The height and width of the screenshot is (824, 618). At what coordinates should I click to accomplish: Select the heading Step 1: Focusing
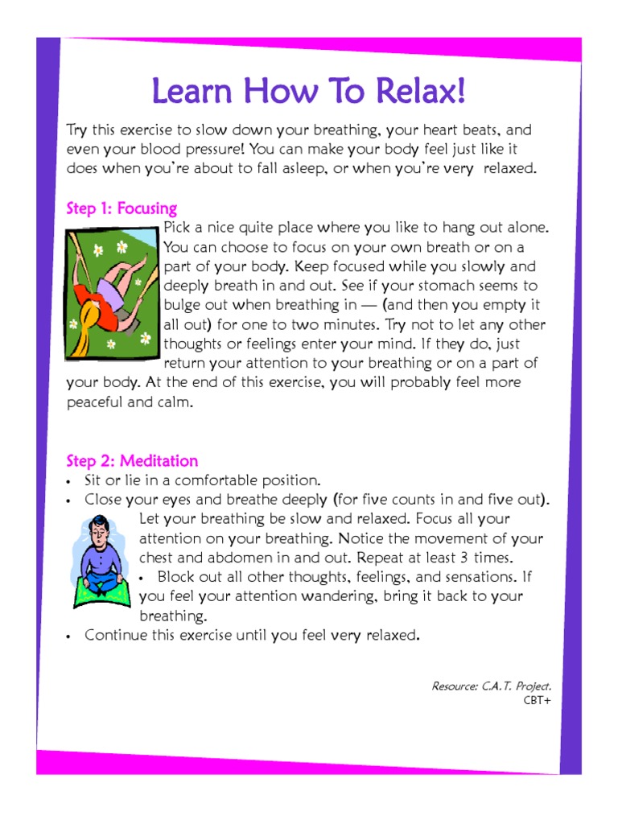click(122, 209)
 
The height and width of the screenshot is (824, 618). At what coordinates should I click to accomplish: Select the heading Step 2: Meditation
click(132, 461)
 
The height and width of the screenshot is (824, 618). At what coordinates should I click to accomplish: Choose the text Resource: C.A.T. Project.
click(492, 686)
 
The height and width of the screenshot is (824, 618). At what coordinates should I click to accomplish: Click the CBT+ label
click(538, 699)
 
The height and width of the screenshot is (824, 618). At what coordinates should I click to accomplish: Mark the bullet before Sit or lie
click(71, 481)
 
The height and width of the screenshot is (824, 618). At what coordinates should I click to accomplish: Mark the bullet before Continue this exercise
click(71, 636)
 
